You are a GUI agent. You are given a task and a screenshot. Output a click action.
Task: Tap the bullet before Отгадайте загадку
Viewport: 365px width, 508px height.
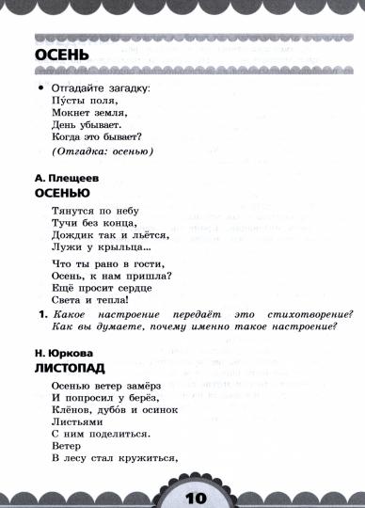[41, 87]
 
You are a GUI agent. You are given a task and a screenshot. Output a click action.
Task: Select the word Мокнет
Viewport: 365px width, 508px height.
[71, 112]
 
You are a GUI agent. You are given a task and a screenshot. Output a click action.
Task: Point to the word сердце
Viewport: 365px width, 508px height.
[145, 289]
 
